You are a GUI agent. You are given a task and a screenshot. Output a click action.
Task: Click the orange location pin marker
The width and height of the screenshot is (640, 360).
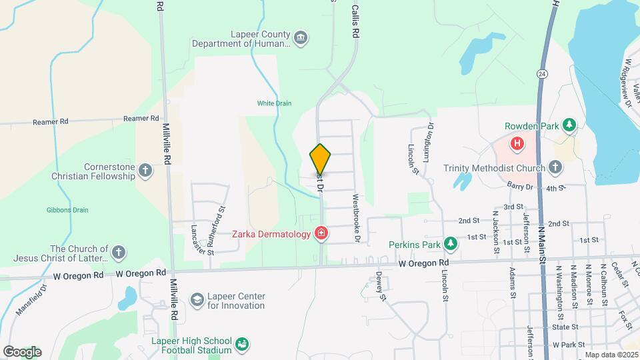tap(320, 159)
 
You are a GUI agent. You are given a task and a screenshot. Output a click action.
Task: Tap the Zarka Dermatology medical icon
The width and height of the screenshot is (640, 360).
tap(321, 233)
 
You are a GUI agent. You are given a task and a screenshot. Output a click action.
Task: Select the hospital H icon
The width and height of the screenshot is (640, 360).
tap(516, 143)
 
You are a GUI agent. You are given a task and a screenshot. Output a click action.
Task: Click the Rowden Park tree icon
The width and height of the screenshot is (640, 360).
tap(569, 125)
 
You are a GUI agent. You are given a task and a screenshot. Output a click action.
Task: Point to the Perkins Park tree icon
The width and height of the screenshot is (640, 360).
tap(451, 245)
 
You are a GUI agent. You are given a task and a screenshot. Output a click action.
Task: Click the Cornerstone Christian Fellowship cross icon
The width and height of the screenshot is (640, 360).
tap(145, 171)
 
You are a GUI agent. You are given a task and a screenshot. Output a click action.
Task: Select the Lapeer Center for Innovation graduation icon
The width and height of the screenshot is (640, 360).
tap(197, 301)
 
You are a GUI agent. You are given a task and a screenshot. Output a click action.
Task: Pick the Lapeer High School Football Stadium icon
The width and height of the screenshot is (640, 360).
tap(242, 345)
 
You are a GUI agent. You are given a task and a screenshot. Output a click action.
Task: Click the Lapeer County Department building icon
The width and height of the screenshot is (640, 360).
tap(301, 38)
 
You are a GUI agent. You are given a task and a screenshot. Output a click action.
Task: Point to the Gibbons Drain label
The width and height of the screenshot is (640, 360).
tap(67, 210)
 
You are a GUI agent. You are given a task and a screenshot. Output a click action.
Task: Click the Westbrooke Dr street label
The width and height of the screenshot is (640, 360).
tap(357, 218)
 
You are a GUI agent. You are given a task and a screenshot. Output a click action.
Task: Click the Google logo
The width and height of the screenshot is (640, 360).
tap(22, 352)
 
